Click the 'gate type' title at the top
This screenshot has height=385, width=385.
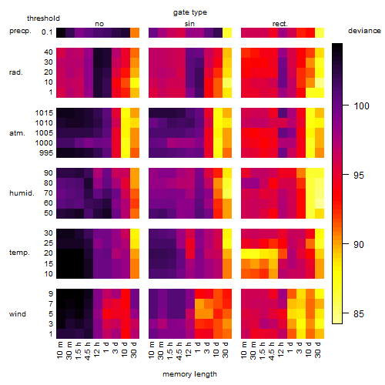point(190,12)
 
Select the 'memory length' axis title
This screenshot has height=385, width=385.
point(189,374)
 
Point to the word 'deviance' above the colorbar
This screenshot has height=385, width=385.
point(364,31)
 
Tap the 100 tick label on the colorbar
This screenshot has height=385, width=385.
point(361,105)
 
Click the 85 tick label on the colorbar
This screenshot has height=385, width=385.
point(359,313)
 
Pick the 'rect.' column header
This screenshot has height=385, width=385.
point(280,24)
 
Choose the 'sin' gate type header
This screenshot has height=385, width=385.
point(189,24)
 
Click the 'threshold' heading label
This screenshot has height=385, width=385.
point(43,18)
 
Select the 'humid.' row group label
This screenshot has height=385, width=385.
point(22,193)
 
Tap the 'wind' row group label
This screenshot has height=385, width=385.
point(18,314)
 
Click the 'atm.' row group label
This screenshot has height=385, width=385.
point(17,133)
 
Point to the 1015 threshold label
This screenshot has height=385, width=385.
point(44,113)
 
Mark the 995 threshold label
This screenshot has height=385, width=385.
point(46,153)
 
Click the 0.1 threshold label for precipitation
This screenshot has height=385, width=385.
point(47,32)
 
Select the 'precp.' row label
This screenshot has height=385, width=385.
point(20,31)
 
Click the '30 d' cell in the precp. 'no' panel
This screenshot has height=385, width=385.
point(135,32)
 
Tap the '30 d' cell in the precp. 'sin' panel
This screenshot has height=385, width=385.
point(227,32)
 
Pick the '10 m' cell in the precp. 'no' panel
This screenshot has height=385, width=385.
point(61,32)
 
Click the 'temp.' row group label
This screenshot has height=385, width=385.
point(19,253)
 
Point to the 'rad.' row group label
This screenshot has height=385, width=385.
point(16,72)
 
